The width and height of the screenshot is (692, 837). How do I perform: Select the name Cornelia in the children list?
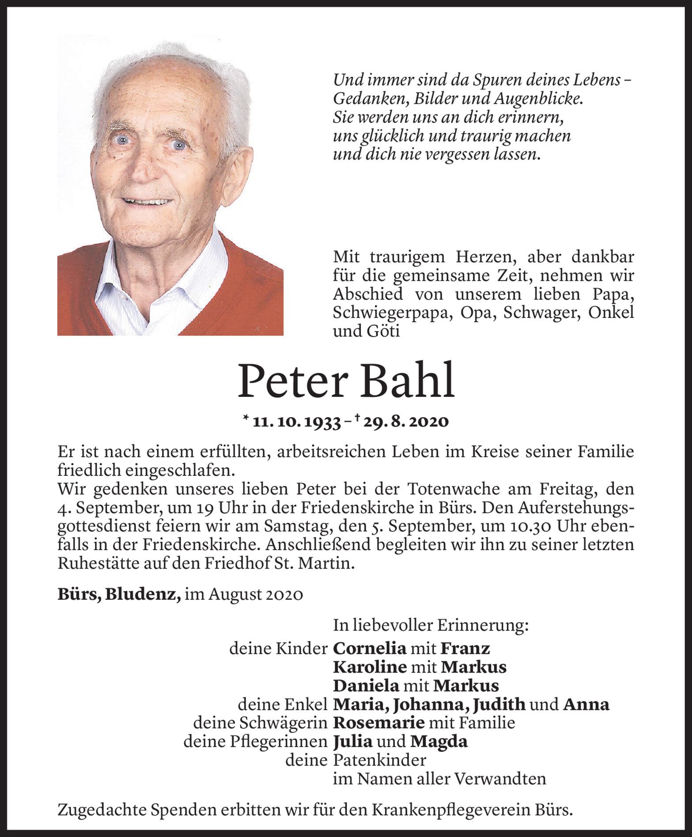[x=369, y=648]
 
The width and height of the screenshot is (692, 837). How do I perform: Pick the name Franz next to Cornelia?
[x=465, y=648]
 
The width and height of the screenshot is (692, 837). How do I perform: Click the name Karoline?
[x=370, y=667]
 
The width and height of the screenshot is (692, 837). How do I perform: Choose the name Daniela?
[x=366, y=686]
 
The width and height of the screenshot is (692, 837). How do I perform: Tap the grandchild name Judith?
[x=498, y=705]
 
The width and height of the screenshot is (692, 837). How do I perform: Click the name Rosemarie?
[x=378, y=723]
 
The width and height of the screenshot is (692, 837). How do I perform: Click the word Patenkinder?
[x=379, y=760]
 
